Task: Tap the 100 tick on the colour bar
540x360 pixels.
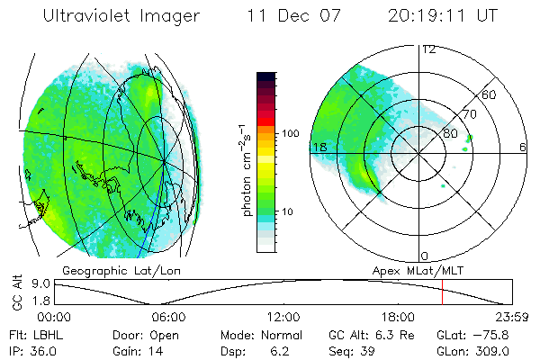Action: click(x=292, y=133)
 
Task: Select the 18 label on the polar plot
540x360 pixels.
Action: click(x=319, y=147)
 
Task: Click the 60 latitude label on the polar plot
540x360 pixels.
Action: click(x=490, y=94)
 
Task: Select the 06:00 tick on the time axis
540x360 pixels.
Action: click(x=168, y=317)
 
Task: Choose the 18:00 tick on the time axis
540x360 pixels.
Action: click(x=398, y=317)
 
